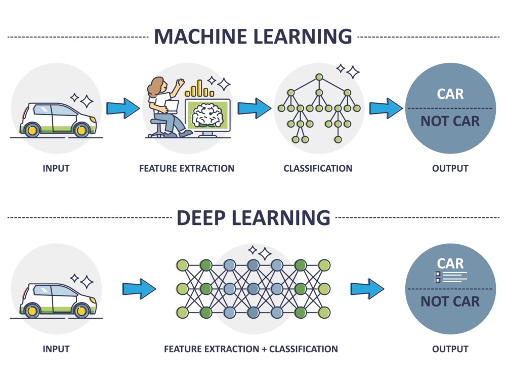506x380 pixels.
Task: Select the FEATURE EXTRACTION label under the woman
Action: [187, 168]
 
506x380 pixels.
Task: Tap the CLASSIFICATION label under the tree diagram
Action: [318, 168]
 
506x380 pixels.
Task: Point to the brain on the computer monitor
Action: [207, 115]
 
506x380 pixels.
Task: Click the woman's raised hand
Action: [180, 83]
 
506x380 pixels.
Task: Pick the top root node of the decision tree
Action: [319, 77]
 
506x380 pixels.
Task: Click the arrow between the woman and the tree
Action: [255, 108]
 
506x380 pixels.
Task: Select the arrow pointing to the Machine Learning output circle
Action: [386, 108]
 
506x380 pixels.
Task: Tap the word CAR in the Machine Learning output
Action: [450, 94]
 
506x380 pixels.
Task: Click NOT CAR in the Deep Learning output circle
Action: [450, 301]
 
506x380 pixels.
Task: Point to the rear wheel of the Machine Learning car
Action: [32, 130]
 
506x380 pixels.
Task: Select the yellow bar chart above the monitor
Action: [199, 89]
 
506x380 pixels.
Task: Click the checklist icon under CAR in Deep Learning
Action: [451, 277]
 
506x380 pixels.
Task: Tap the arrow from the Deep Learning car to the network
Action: [139, 289]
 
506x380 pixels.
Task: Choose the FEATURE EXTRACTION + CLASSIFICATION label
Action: [251, 349]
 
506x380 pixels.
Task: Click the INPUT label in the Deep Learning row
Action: [56, 349]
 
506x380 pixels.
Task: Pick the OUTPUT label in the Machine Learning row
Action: [450, 168]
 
